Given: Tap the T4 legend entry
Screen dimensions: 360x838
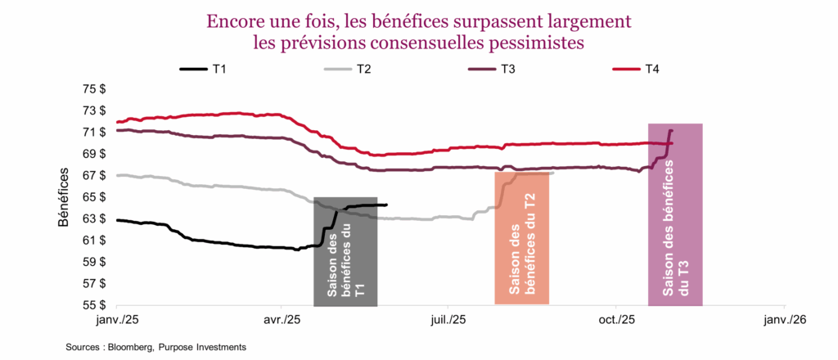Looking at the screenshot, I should (651, 70).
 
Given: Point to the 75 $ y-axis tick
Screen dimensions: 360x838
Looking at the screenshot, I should (95, 88).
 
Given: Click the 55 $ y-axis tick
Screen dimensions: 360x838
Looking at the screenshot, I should (95, 305).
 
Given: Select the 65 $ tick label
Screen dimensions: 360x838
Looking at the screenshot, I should (95, 197).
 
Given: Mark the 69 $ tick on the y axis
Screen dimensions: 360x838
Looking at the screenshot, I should (95, 154).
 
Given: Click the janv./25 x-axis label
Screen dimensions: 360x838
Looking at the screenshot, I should (118, 319).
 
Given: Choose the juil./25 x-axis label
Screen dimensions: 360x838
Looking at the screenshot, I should (448, 319).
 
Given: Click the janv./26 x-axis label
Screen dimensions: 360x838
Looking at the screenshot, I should (785, 319).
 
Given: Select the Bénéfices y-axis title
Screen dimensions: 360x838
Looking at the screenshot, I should (65, 197).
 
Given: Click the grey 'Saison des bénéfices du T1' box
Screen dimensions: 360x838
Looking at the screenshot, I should (345, 252).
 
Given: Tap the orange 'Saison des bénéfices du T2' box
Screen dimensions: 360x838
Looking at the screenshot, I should (521, 237).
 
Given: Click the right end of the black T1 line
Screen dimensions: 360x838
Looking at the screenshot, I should (387, 205).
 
